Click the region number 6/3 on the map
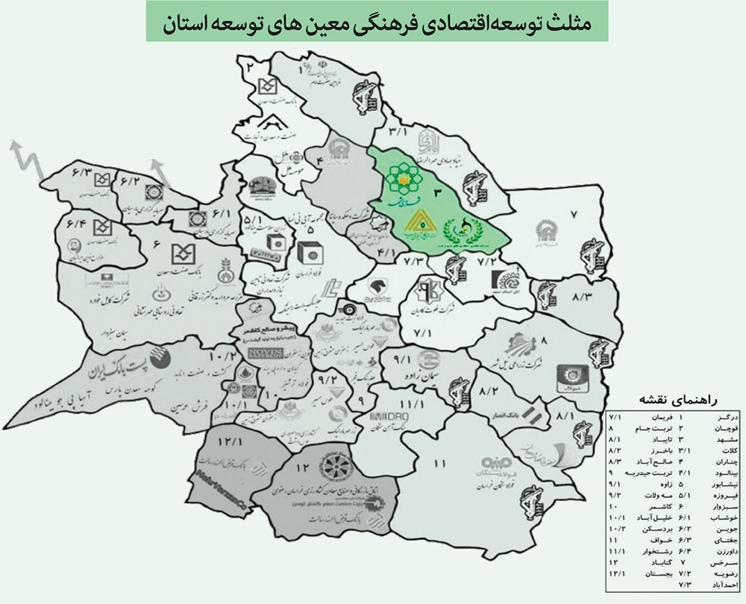click(81, 173)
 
